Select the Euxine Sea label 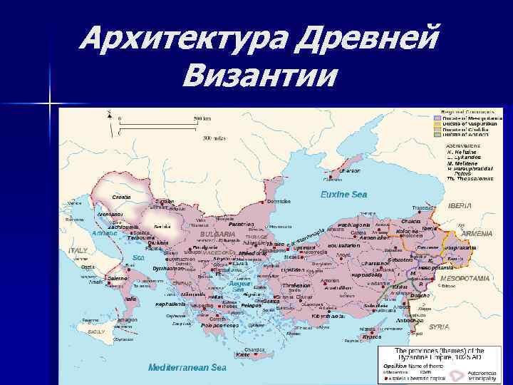pyautogui.click(x=343, y=195)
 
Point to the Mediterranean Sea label pyautogui.click(x=187, y=367)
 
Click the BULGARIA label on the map pyautogui.click(x=217, y=234)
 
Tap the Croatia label pyautogui.click(x=122, y=197)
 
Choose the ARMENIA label pyautogui.click(x=477, y=233)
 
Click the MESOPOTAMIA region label pyautogui.click(x=465, y=277)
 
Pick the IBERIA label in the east pyautogui.click(x=460, y=205)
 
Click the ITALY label pyautogui.click(x=77, y=251)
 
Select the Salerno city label pyautogui.click(x=117, y=278)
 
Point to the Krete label pyautogui.click(x=243, y=354)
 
